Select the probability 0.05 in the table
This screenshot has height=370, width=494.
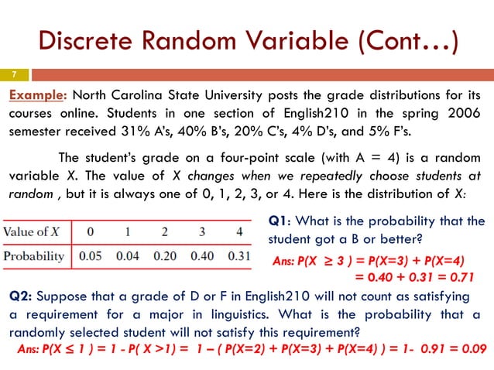(x=91, y=256)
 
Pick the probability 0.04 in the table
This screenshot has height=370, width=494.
(x=127, y=256)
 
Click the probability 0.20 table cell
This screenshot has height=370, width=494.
(x=163, y=256)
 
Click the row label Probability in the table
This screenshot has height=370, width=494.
(x=36, y=256)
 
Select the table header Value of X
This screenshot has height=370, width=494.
(x=36, y=231)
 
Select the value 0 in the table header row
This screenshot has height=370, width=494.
(x=91, y=231)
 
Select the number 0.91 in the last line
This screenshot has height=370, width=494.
(x=420, y=348)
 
